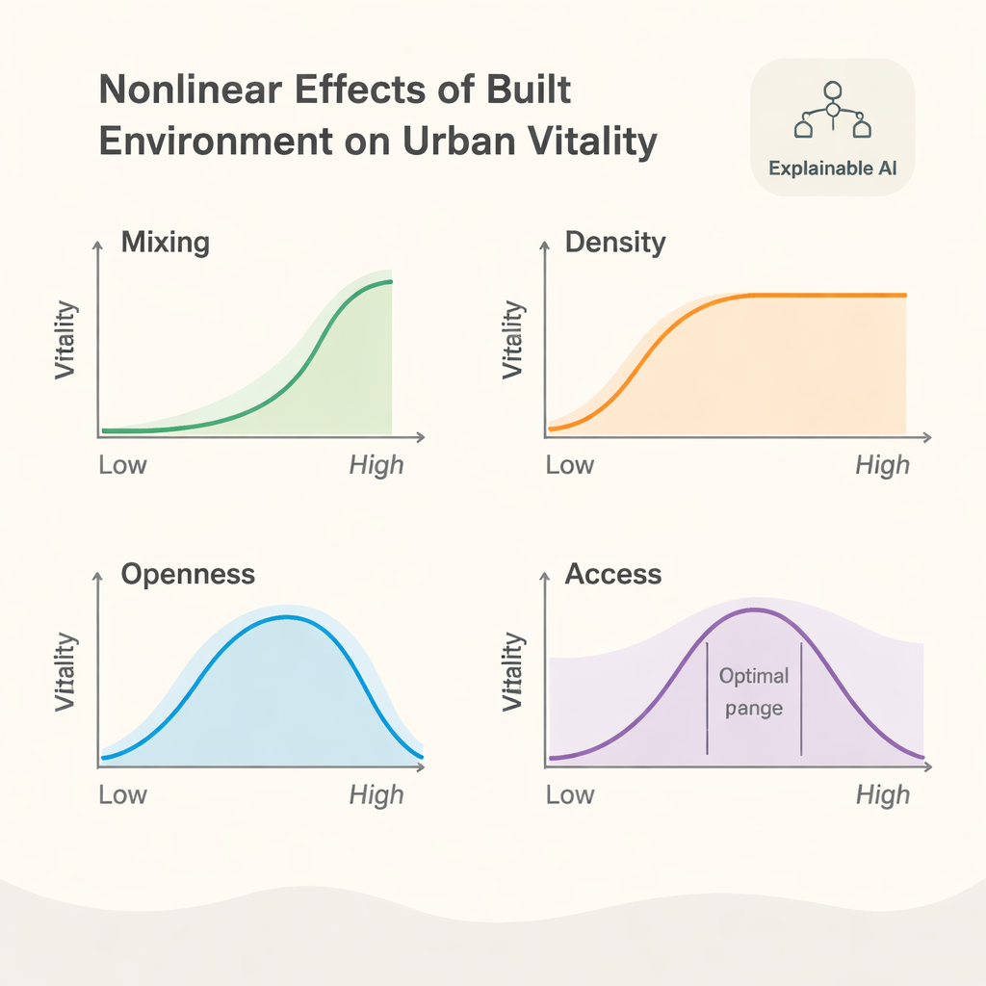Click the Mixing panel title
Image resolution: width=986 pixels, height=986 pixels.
click(x=165, y=242)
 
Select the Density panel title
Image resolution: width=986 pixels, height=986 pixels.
click(x=614, y=242)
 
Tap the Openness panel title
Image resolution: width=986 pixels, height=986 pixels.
click(x=188, y=575)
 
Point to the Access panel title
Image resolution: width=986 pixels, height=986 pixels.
click(x=613, y=575)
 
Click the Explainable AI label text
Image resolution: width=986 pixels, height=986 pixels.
click(x=832, y=168)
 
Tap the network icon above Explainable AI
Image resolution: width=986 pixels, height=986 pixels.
click(x=832, y=111)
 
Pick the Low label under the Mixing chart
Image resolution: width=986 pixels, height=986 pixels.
click(x=122, y=465)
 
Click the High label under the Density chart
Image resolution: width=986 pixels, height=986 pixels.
click(x=882, y=465)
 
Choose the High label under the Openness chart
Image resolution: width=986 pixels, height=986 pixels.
click(x=376, y=794)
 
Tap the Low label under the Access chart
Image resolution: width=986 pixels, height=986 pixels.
click(x=570, y=794)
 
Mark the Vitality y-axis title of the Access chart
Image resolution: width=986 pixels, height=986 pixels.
click(x=513, y=671)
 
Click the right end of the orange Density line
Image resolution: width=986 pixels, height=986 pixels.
click(x=905, y=295)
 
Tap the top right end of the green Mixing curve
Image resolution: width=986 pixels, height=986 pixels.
click(x=390, y=281)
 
